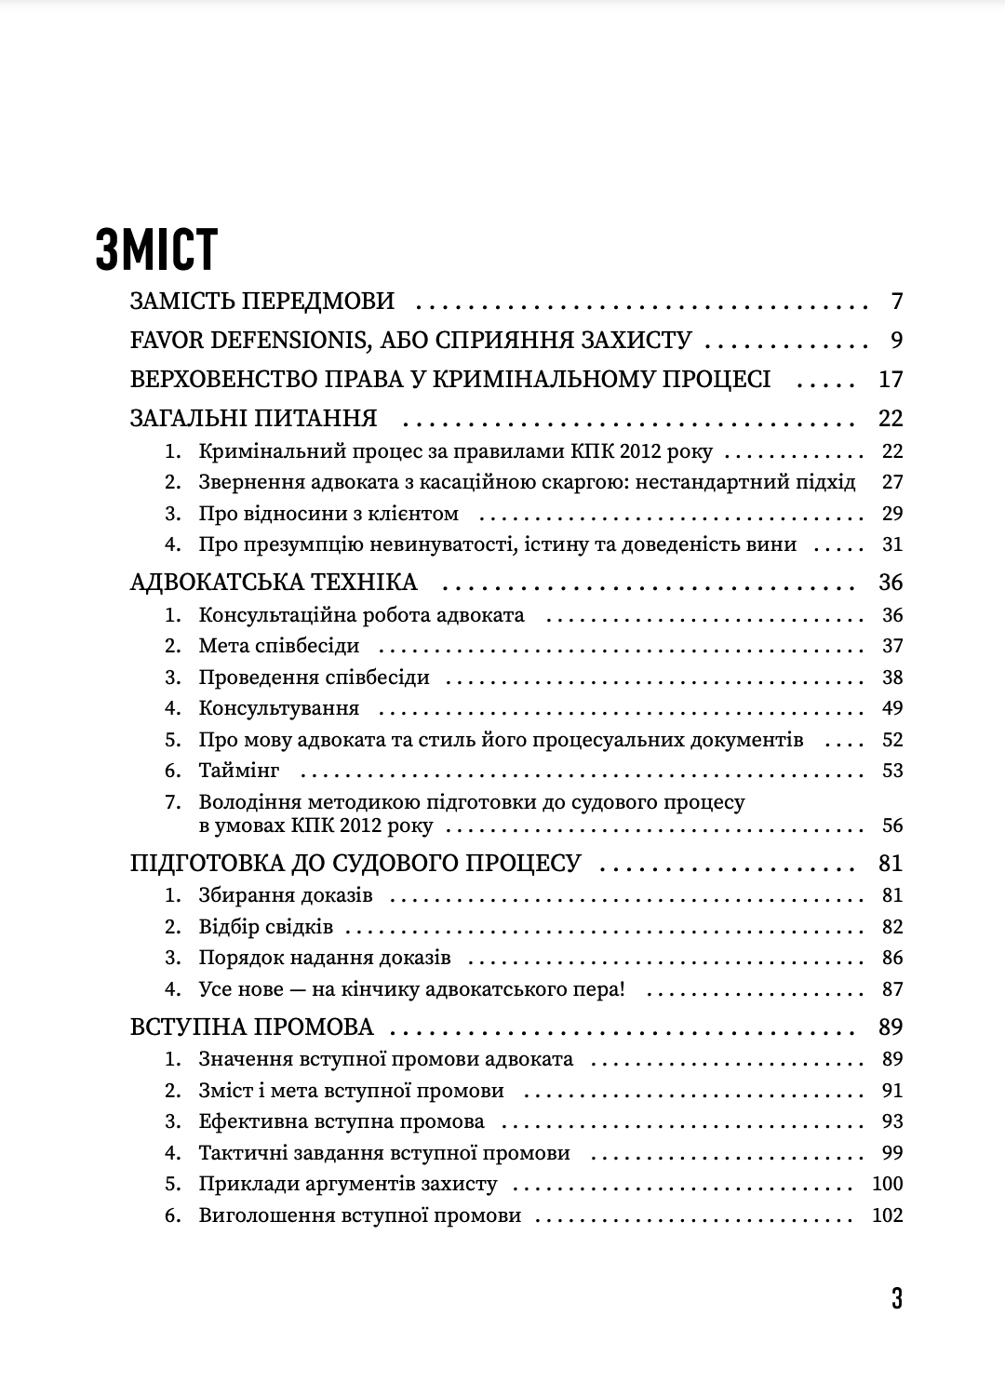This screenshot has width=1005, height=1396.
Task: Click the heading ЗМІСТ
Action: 156,248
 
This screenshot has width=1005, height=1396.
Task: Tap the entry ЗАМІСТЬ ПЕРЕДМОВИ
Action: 262,302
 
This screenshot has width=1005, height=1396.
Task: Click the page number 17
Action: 891,380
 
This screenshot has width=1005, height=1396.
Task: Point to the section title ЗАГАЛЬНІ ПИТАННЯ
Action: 253,418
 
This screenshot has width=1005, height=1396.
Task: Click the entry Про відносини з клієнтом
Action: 328,514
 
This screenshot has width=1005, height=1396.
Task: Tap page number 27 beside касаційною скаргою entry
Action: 892,482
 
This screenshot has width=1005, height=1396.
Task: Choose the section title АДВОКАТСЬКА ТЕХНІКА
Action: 274,583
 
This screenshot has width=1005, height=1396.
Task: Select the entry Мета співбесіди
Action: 278,646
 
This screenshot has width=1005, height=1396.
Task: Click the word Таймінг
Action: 239,771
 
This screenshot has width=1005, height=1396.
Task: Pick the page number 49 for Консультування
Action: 892,708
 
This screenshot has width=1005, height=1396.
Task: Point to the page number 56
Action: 892,826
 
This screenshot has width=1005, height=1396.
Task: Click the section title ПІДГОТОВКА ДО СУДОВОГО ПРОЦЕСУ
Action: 355,864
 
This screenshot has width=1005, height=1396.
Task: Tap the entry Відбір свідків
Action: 265,927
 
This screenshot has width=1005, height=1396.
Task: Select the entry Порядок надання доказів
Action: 325,958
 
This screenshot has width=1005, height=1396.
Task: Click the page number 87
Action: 892,989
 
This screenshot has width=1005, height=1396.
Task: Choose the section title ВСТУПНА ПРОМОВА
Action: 252,1027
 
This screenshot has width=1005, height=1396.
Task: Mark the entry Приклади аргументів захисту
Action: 348,1184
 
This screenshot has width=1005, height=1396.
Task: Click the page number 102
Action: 888,1215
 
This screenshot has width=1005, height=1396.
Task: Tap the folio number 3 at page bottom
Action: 896,1298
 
